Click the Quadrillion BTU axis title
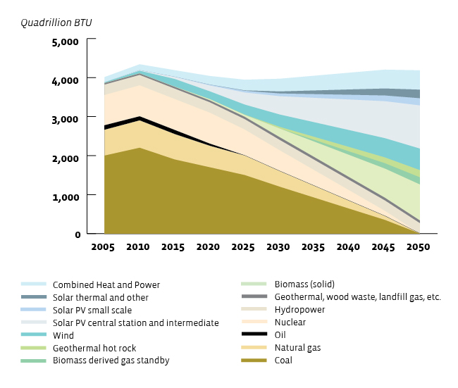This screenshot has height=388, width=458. click(56, 23)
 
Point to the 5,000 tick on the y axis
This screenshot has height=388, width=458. click(67, 42)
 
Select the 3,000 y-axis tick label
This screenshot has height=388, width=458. click(67, 119)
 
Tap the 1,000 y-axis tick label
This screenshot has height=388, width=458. click(67, 196)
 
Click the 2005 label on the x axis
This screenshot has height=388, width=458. click(103, 248)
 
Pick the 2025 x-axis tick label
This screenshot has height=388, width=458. click(243, 248)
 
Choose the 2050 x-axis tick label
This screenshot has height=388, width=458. click(419, 248)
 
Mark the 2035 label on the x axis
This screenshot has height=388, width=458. click(313, 248)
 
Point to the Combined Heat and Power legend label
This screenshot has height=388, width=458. click(106, 284)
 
